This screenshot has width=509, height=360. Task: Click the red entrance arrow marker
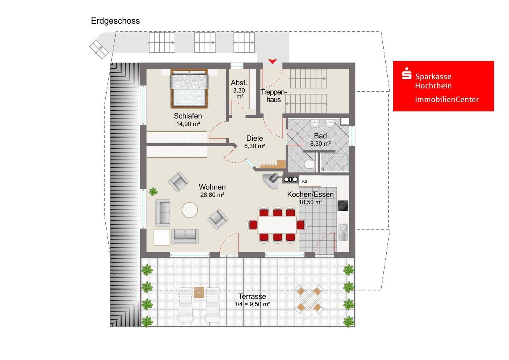tap(272, 61)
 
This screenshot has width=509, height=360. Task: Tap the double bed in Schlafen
tap(189, 88)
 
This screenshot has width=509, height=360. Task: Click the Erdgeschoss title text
tap(115, 21)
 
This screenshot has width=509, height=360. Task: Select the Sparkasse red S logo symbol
tap(406, 73)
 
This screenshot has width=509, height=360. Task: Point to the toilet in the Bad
tap(309, 164)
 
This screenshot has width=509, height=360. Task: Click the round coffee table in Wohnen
tap(189, 210)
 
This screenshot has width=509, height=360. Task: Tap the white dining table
tap(277, 225)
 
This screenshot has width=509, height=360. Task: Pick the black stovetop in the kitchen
tap(343, 206)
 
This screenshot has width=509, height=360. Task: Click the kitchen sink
tap(343, 232)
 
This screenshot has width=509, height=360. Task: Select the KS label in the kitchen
tap(304, 181)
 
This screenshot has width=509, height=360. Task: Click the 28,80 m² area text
tap(212, 195)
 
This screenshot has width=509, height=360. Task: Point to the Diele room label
tap(255, 138)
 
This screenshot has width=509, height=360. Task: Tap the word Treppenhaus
tap(273, 96)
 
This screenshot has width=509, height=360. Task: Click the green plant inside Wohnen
tap(153, 192)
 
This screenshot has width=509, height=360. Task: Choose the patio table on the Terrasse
tap(309, 299)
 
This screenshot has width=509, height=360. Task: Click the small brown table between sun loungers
tap(199, 292)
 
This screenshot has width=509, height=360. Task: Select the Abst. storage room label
tap(239, 83)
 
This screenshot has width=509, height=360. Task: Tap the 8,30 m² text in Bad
tap(320, 144)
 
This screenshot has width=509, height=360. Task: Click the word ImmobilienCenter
tap(447, 99)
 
